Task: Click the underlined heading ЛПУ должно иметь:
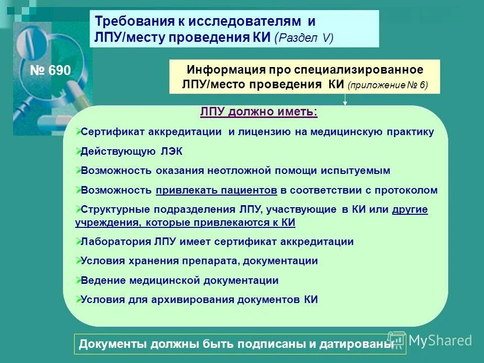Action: [259, 112]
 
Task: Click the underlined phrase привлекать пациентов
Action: [216, 191]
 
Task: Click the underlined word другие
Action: [410, 209]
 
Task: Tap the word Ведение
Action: [102, 280]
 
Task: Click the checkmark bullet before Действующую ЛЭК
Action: [78, 150]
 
